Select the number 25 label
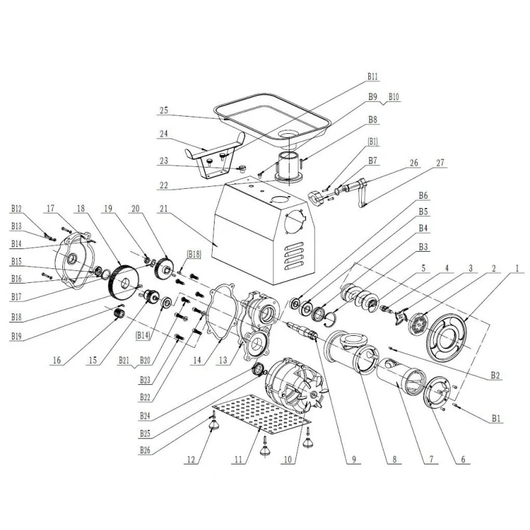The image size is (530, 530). pos(165,110)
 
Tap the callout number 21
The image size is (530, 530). pos(165,209)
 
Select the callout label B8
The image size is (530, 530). pos(372,121)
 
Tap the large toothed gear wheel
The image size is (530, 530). pos(122,282)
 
